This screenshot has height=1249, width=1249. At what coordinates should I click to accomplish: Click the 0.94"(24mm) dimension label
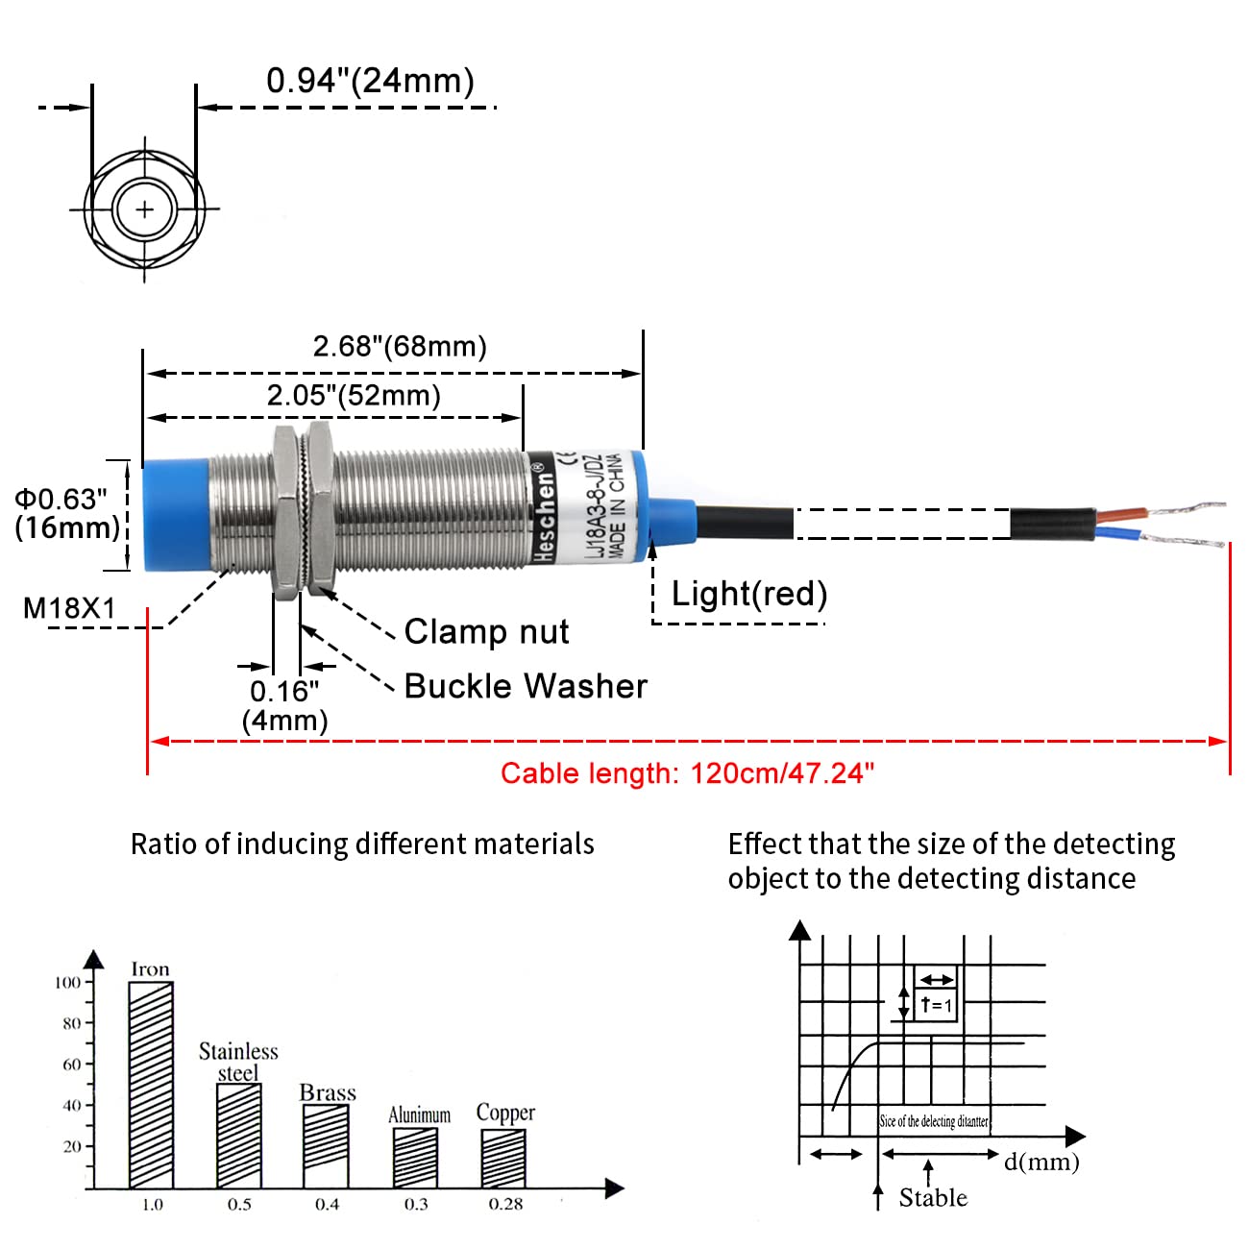point(370,81)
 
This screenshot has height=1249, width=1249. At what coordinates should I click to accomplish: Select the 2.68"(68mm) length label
point(400,346)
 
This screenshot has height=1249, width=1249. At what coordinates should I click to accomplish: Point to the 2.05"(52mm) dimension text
point(354,395)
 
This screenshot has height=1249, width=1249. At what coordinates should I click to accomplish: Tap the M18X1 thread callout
point(69,608)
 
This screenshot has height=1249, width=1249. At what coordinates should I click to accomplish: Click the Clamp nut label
point(486,631)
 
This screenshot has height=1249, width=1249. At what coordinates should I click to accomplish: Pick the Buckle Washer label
point(526,686)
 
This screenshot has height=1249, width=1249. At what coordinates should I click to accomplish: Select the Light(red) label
point(748,594)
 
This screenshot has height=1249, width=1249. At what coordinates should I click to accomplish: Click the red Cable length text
point(687,773)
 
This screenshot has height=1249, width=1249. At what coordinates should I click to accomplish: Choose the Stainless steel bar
point(238,1136)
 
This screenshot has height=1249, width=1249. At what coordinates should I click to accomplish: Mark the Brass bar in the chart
point(326,1146)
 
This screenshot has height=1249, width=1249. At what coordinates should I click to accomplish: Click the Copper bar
point(503,1158)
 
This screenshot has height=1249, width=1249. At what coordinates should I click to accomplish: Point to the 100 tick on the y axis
point(67,982)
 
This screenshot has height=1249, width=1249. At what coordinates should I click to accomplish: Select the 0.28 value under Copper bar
point(505,1205)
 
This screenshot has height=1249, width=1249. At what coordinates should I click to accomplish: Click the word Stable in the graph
point(933,1197)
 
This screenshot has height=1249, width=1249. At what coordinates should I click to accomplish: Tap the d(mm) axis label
point(1041,1162)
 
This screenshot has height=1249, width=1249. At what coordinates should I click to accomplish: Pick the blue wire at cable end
point(1119,534)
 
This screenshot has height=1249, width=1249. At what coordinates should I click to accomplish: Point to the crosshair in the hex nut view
point(145,208)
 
